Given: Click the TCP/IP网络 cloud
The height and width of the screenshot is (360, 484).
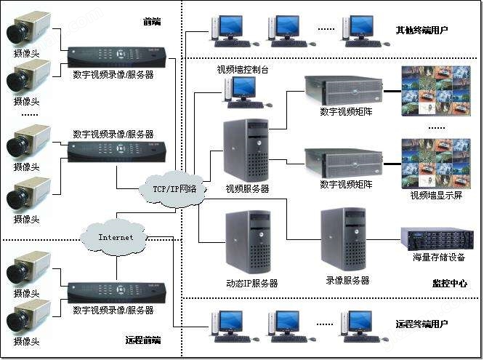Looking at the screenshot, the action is pos(172,189).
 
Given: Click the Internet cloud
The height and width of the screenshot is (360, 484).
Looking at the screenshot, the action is pos(114,237).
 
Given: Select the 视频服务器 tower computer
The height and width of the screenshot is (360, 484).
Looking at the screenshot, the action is pos(246,151).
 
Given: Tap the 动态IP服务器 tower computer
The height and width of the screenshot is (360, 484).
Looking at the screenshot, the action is pos(248,242).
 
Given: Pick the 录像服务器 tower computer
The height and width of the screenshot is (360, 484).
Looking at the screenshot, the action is pos(344,239).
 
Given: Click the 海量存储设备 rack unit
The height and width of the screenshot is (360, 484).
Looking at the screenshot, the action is pos(437,239).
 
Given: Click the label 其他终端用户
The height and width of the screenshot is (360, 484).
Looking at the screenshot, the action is pos(422,31).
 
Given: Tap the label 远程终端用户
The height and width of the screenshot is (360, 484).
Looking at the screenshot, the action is pos(422,324).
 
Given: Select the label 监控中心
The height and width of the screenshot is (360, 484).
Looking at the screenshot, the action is pos(449,284).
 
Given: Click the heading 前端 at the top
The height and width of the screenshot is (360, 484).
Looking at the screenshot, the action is pos(152,22).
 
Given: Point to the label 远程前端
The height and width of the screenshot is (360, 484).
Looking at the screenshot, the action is pos(143,340).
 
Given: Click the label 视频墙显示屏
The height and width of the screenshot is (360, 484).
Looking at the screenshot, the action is pos(436,196).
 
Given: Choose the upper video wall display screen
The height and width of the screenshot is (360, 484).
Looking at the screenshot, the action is pos(436,91).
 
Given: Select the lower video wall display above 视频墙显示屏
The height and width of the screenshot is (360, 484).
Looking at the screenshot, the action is pos(436,164).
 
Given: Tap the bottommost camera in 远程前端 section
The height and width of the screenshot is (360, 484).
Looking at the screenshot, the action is pos(28,318).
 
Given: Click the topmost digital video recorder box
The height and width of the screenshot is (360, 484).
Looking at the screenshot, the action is pos(117,57).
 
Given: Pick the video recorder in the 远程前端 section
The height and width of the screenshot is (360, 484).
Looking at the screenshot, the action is pos(117,293).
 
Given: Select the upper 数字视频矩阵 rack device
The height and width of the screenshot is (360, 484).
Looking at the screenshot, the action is pos(344,91).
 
